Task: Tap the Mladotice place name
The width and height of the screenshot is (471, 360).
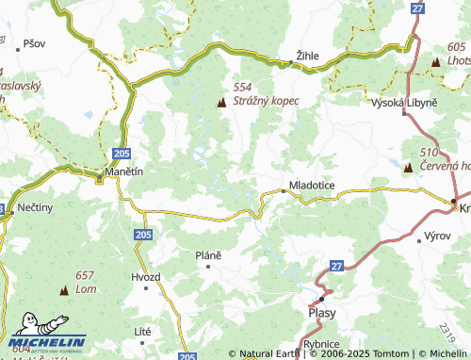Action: click(x=311, y=186)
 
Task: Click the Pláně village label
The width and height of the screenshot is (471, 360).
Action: click(x=207, y=255)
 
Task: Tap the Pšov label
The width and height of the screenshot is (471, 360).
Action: click(x=35, y=43)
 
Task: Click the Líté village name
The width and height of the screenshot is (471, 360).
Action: click(x=143, y=331)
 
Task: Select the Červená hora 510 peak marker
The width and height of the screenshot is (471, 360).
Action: click(x=408, y=168)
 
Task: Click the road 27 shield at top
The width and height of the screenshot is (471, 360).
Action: click(x=417, y=8)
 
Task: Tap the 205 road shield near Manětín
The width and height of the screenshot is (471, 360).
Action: click(x=120, y=152)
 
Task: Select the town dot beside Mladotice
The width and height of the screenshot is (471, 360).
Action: click(x=283, y=190)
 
